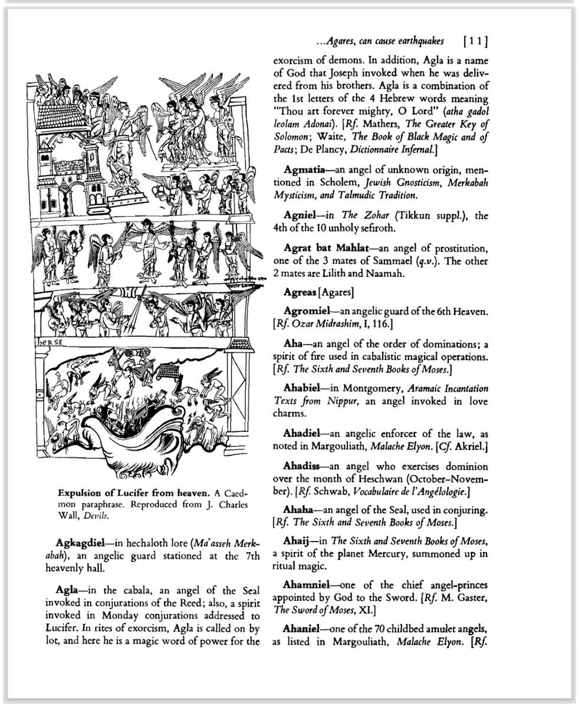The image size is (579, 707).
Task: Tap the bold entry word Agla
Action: coord(67,590)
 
